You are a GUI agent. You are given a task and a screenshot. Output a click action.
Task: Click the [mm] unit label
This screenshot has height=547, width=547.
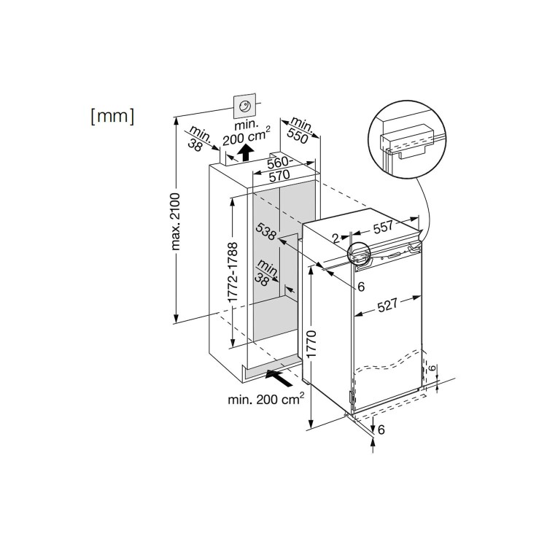[x=112, y=116]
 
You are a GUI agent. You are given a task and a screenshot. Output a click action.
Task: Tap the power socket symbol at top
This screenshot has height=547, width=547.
[x=245, y=105]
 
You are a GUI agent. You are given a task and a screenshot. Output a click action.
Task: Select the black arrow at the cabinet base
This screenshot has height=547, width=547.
[x=279, y=379]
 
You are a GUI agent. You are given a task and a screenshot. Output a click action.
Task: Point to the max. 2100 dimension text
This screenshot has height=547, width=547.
[x=176, y=222]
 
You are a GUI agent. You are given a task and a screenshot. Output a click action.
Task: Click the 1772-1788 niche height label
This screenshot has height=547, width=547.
[x=232, y=272]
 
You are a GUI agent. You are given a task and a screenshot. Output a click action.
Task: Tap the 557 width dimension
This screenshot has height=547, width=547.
[x=383, y=228]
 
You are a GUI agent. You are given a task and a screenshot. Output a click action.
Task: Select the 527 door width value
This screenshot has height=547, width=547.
[x=387, y=305]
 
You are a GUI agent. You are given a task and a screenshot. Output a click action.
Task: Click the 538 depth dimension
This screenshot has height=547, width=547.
[x=266, y=231]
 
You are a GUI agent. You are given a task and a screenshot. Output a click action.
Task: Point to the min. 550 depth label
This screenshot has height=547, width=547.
[x=298, y=131]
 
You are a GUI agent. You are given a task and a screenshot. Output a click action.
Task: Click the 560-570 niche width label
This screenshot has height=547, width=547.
[x=279, y=168]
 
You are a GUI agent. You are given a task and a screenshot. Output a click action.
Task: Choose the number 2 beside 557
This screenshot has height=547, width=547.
[x=335, y=239]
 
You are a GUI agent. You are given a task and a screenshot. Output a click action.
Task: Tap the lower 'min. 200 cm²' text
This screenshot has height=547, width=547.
[x=266, y=398]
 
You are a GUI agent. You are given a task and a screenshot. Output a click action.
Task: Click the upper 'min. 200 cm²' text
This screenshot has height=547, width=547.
[x=247, y=133]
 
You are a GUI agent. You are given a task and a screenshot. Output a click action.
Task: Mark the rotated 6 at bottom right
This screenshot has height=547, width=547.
[x=432, y=368]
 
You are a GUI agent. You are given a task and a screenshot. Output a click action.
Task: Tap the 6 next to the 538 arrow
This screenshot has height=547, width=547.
[x=361, y=287]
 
